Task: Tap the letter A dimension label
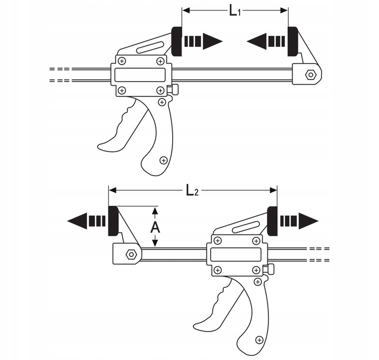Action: point(155,227)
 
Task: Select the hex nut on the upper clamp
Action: point(311,75)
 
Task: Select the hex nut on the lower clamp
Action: point(130,255)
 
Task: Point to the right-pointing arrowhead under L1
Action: point(213,41)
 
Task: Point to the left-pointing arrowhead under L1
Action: point(256,41)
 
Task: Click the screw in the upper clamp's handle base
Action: point(163,159)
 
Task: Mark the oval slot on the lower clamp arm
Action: point(245,228)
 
